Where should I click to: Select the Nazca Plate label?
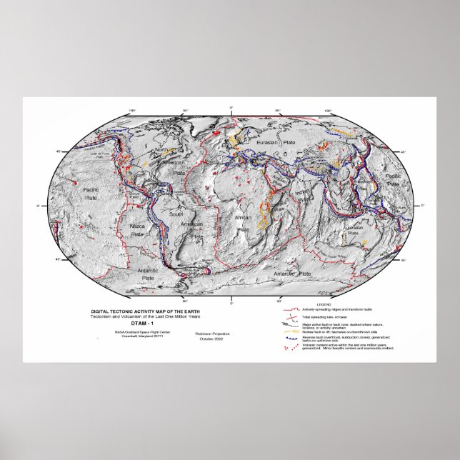[139, 228]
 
